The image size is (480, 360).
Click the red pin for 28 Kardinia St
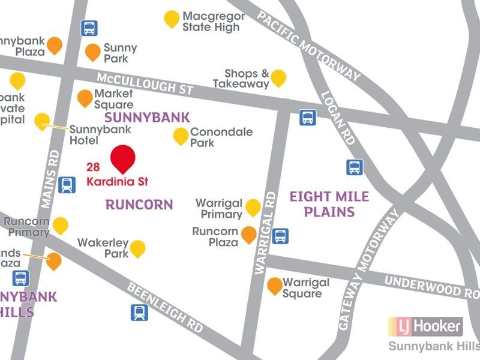[123, 158]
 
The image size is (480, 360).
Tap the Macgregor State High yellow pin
[172, 19]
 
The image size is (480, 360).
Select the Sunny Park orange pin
[92, 52]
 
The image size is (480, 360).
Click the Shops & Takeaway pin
[278, 77]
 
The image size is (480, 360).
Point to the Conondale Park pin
[181, 136]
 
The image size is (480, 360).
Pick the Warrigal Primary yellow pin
[253, 207]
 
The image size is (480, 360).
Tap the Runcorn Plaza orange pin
[249, 235]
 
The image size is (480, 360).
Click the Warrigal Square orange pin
[275, 286]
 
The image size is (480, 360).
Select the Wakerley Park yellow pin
[138, 248]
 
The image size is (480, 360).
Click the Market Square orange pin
[85, 97]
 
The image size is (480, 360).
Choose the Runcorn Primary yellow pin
[61, 226]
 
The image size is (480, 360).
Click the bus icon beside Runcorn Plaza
[280, 236]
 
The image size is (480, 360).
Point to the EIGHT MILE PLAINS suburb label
[329, 204]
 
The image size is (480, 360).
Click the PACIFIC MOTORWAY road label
[309, 45]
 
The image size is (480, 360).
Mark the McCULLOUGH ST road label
[145, 84]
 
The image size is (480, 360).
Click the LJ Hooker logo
[425, 326]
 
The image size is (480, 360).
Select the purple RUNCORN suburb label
[139, 205]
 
